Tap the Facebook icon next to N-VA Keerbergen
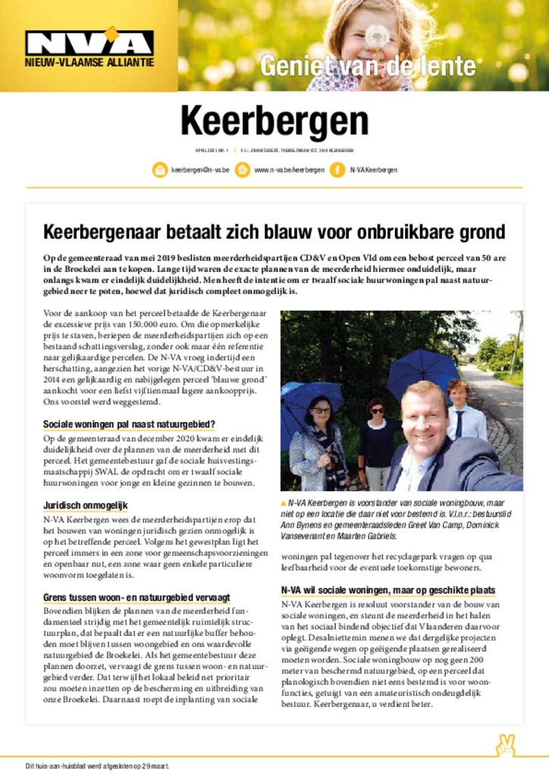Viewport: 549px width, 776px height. (x=337, y=171)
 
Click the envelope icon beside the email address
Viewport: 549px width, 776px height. (x=159, y=171)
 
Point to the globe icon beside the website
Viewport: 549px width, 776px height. (x=242, y=171)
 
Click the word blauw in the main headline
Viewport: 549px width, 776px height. (x=303, y=231)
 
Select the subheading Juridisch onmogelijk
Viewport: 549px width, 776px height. (x=85, y=505)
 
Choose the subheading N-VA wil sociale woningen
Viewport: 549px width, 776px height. (x=388, y=590)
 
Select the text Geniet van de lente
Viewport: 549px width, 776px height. (x=368, y=67)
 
